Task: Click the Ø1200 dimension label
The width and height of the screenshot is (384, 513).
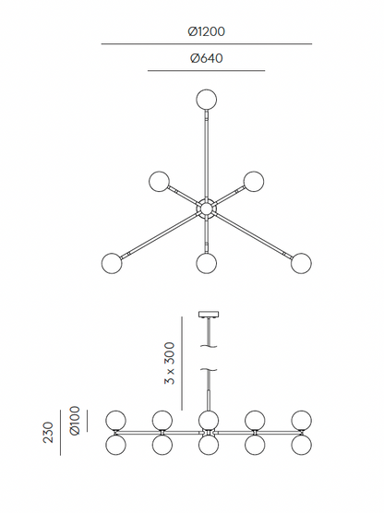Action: pyautogui.click(x=206, y=31)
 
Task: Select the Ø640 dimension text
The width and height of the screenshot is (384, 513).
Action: pyautogui.click(x=206, y=58)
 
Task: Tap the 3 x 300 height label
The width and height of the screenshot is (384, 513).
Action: pyautogui.click(x=170, y=364)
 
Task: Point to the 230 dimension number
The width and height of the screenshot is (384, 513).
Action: pyautogui.click(x=48, y=433)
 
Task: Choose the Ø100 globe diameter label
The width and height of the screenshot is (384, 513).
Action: pyautogui.click(x=75, y=421)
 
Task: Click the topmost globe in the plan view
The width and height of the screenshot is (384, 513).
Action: pyautogui.click(x=207, y=99)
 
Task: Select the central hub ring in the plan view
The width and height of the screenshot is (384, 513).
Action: pyautogui.click(x=206, y=209)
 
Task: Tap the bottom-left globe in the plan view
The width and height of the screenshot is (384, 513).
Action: pyautogui.click(x=112, y=263)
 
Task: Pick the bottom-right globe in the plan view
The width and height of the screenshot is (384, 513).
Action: pyautogui.click(x=301, y=263)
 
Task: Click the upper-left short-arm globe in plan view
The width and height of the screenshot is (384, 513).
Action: pyautogui.click(x=159, y=181)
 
